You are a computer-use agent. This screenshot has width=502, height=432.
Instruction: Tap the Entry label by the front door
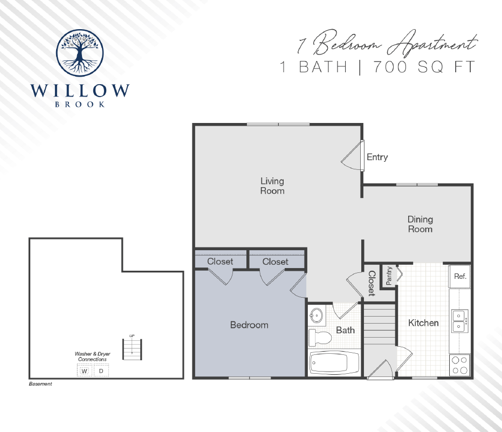(x=377, y=157)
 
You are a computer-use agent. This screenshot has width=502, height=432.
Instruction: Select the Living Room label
(x=272, y=186)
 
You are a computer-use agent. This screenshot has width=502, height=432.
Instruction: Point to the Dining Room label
(x=420, y=224)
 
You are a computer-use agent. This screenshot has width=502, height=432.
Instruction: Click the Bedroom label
(x=249, y=325)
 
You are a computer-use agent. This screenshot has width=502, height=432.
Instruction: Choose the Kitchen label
(x=423, y=323)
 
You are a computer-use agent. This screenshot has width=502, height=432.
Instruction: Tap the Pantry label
(x=389, y=276)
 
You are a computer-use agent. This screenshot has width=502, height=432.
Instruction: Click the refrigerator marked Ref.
(x=460, y=276)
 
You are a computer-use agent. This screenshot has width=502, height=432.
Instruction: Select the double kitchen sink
(x=459, y=320)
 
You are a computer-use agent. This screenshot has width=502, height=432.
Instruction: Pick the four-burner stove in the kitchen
(x=459, y=365)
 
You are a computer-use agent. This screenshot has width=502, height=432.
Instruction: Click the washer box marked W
(x=84, y=371)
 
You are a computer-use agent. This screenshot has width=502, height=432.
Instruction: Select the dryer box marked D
(x=101, y=371)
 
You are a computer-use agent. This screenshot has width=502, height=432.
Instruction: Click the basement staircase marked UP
(x=132, y=349)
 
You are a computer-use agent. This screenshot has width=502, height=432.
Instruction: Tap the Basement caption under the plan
(x=40, y=385)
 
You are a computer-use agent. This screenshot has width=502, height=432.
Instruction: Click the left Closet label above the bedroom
(x=220, y=262)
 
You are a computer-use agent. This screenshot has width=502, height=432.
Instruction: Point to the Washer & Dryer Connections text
(x=92, y=356)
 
